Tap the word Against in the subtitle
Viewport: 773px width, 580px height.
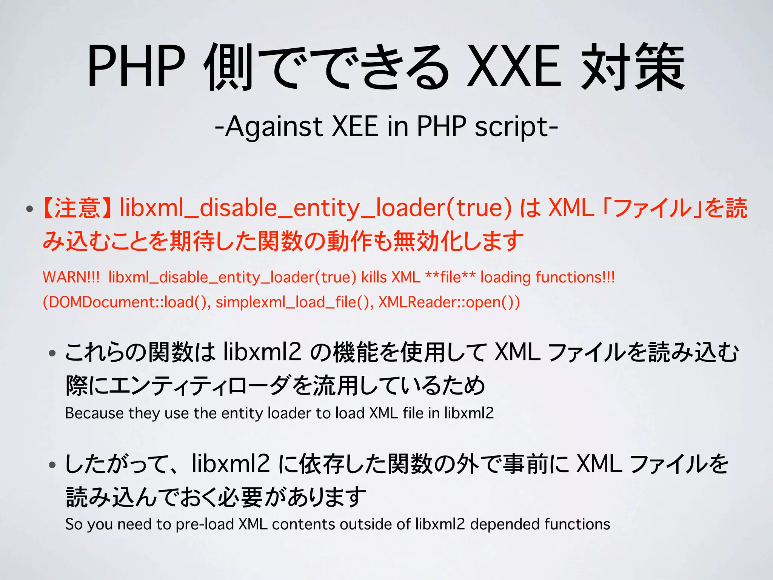274,126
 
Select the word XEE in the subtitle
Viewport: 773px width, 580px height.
355,126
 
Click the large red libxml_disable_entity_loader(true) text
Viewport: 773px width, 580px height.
316,208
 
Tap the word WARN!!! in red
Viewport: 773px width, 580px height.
71,278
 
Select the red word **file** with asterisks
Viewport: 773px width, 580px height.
450,278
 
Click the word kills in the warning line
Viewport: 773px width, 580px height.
374,278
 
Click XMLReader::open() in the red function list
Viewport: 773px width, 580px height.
449,302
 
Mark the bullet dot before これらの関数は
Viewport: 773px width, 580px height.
52,353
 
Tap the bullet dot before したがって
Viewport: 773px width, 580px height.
52,465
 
